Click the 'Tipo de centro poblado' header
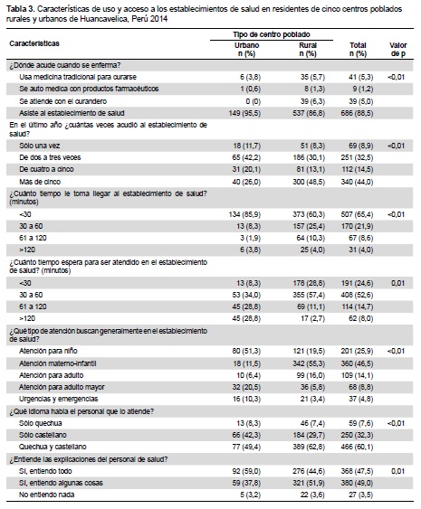(x=272, y=34)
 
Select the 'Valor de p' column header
(x=398, y=50)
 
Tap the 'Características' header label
(x=34, y=43)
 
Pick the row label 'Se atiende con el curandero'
(x=62, y=101)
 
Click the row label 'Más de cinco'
(x=40, y=182)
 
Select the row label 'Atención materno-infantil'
(x=58, y=363)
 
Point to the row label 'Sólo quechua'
(x=41, y=423)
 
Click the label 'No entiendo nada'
(x=47, y=495)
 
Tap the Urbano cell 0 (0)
(x=254, y=101)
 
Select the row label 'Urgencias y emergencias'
(x=59, y=399)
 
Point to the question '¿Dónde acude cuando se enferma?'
(x=65, y=65)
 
